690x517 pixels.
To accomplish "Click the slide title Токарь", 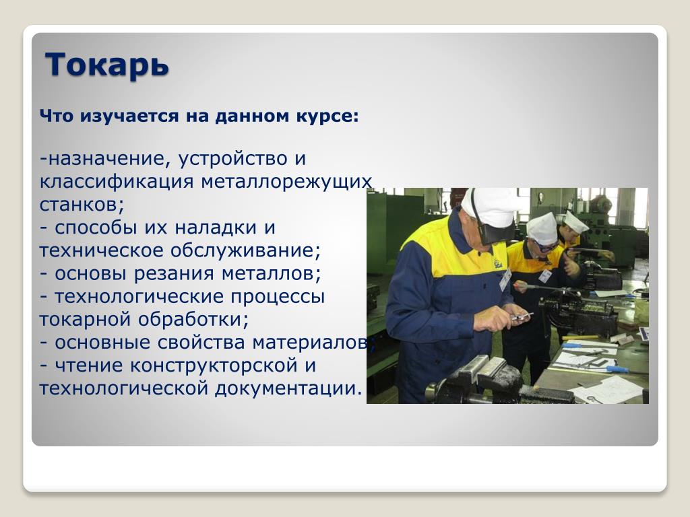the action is click(107, 65).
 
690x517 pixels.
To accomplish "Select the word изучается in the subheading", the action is click(129, 116).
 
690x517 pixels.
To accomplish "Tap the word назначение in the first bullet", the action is click(106, 159).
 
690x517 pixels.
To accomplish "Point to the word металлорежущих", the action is click(286, 182).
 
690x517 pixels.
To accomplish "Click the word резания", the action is click(173, 274).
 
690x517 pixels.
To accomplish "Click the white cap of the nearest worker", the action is click(489, 206).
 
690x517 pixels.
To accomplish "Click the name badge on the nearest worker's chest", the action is click(505, 280).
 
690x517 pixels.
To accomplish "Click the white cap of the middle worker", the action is click(542, 228).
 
